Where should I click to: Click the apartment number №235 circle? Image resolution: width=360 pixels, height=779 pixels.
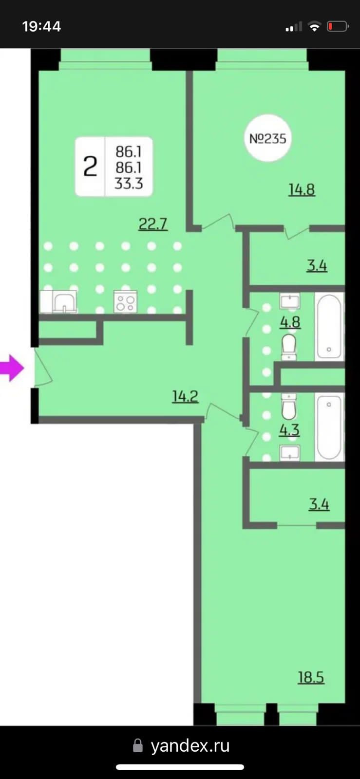pyautogui.click(x=267, y=138)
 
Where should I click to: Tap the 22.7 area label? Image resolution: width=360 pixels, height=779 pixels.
pyautogui.click(x=153, y=223)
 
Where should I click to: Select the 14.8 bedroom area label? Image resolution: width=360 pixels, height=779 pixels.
pyautogui.click(x=302, y=190)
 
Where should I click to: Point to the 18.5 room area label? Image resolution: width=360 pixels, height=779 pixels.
pyautogui.click(x=311, y=677)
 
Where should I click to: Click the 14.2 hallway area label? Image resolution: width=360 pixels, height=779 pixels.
pyautogui.click(x=186, y=396)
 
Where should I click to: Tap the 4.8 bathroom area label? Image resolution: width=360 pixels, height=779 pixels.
pyautogui.click(x=290, y=322)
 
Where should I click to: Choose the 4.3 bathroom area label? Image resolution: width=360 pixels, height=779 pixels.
pyautogui.click(x=289, y=430)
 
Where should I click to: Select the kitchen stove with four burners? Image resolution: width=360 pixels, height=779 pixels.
pyautogui.click(x=126, y=301)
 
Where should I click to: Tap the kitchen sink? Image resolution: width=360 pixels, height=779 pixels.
pyautogui.click(x=64, y=302)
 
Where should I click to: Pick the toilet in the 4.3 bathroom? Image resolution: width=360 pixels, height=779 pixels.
pyautogui.click(x=289, y=406)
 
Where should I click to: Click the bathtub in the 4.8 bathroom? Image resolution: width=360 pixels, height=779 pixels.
pyautogui.click(x=329, y=327)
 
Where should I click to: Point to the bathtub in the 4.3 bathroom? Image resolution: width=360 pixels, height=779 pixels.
pyautogui.click(x=329, y=427)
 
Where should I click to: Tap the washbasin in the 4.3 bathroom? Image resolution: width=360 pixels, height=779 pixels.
pyautogui.click(x=290, y=452)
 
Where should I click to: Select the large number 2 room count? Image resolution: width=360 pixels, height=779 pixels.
pyautogui.click(x=90, y=167)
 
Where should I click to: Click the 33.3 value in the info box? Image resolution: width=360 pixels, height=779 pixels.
pyautogui.click(x=129, y=183)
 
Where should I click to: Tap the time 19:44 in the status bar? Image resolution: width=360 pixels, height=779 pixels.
pyautogui.click(x=42, y=26)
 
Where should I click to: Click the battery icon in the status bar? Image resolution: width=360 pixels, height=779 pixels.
pyautogui.click(x=338, y=26)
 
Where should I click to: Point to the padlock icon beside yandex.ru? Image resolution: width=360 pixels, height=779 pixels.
pyautogui.click(x=138, y=745)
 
